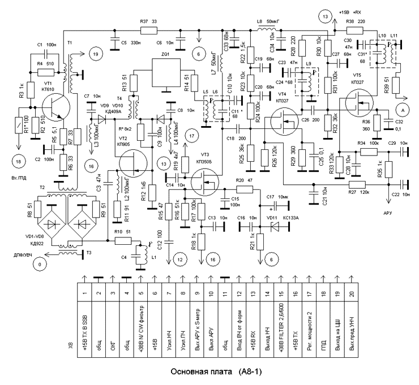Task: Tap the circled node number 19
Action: click(93, 54)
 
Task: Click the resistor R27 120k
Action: click(357, 184)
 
